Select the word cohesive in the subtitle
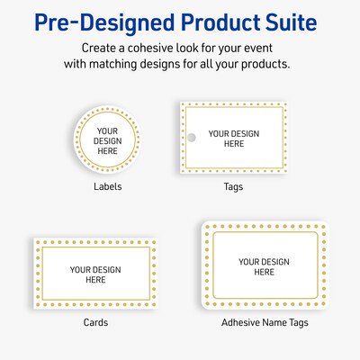click(146, 47)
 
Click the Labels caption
click(108, 187)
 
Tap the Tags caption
click(233, 187)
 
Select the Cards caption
click(95, 322)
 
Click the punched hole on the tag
click(191, 137)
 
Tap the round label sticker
click(107, 139)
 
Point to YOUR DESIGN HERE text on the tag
click(233, 138)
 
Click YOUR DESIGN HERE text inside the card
click(95, 274)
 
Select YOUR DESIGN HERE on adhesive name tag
click(264, 266)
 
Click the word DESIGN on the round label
click(107, 140)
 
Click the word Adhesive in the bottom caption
click(241, 322)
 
